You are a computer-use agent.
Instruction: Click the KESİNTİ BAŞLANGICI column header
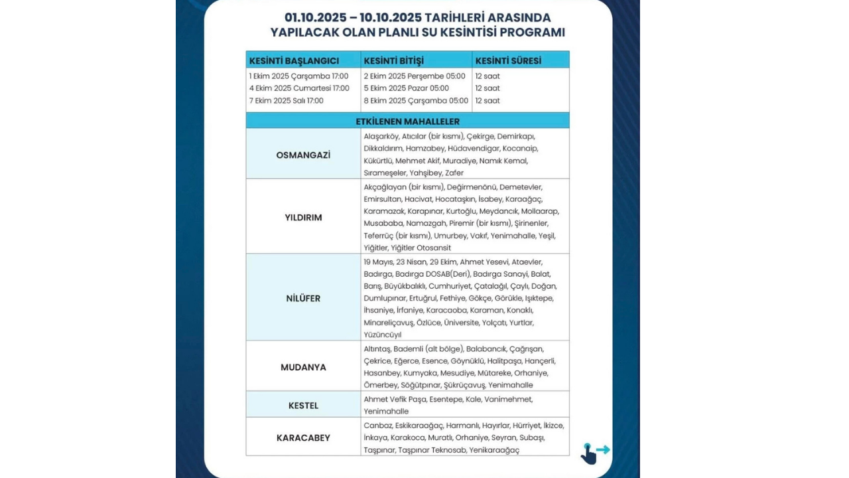pyautogui.click(x=294, y=60)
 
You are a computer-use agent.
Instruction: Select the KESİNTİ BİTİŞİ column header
pyautogui.click(x=393, y=60)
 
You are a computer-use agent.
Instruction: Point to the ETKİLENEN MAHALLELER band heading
pyautogui.click(x=407, y=121)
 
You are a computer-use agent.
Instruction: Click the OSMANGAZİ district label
pyautogui.click(x=303, y=155)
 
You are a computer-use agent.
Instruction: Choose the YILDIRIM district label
pyautogui.click(x=303, y=217)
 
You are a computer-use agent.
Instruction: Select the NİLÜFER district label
pyautogui.click(x=303, y=298)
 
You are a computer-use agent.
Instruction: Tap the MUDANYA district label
pyautogui.click(x=303, y=367)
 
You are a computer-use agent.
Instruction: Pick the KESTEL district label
pyautogui.click(x=303, y=405)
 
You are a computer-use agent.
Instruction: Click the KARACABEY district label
pyautogui.click(x=303, y=438)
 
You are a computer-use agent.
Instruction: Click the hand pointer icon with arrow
pyautogui.click(x=592, y=453)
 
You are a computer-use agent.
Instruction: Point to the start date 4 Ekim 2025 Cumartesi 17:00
pyautogui.click(x=299, y=88)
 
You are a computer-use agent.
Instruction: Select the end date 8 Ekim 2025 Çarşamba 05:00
pyautogui.click(x=416, y=101)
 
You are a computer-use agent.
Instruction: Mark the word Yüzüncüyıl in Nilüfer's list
pyautogui.click(x=383, y=335)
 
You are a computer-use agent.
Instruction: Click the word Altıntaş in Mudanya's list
pyautogui.click(x=377, y=349)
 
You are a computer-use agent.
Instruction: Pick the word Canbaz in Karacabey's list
pyautogui.click(x=377, y=426)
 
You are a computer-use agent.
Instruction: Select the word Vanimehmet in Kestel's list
pyautogui.click(x=508, y=399)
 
